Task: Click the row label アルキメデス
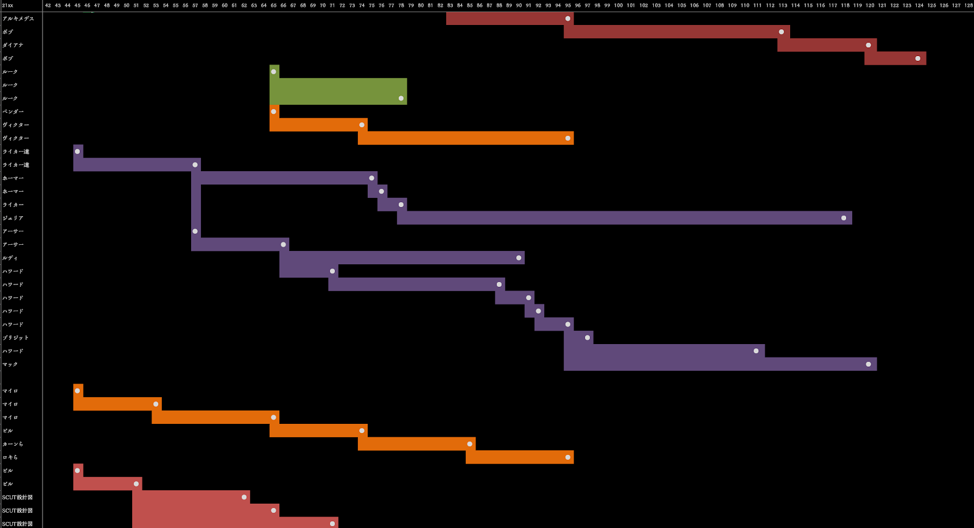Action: pos(18,18)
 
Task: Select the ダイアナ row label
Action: pos(13,45)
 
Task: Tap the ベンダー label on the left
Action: pos(13,111)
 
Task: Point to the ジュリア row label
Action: pos(13,218)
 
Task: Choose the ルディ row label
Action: pos(10,258)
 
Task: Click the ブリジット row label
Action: pos(15,337)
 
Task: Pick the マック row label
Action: pos(10,364)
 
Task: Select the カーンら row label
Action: pos(13,444)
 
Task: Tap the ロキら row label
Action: pos(10,457)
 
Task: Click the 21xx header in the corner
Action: pos(7,5)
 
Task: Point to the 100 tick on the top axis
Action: pos(618,5)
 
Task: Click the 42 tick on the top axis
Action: pos(48,5)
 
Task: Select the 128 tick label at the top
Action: pos(969,5)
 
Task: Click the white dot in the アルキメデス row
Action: pos(568,18)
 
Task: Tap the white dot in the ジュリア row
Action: pos(844,218)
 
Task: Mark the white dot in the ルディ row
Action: pos(519,258)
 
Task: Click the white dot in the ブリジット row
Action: pos(587,337)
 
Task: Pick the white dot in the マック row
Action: pos(868,364)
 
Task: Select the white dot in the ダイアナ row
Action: pos(868,45)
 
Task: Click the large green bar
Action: pos(338,91)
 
